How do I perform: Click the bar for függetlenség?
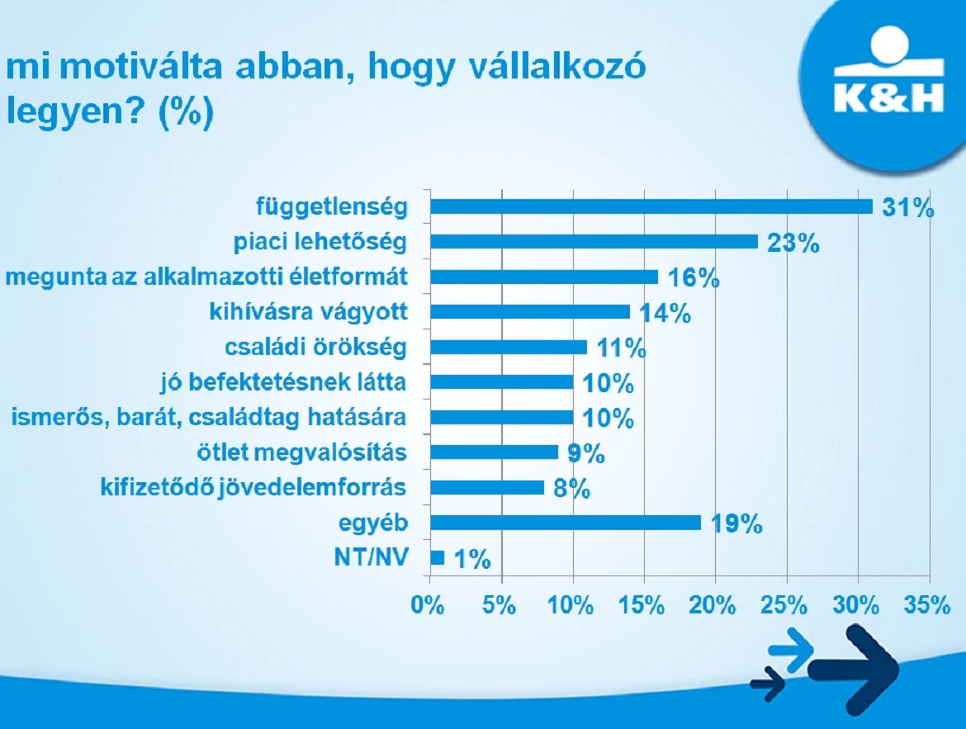point(651,206)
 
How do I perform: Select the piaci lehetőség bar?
point(594,242)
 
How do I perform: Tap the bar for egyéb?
point(566,523)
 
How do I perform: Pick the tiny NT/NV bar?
point(438,557)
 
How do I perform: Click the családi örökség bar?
point(509,347)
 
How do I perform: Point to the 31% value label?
point(908,208)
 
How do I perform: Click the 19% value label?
point(736,524)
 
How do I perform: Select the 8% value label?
point(571,490)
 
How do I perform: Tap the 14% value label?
point(665,314)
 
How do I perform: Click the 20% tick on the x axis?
point(713,606)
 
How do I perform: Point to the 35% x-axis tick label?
point(927,606)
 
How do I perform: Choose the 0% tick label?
point(428,606)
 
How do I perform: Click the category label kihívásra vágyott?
point(309,312)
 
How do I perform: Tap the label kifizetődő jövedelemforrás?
point(253,488)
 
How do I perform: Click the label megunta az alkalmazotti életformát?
point(206,277)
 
